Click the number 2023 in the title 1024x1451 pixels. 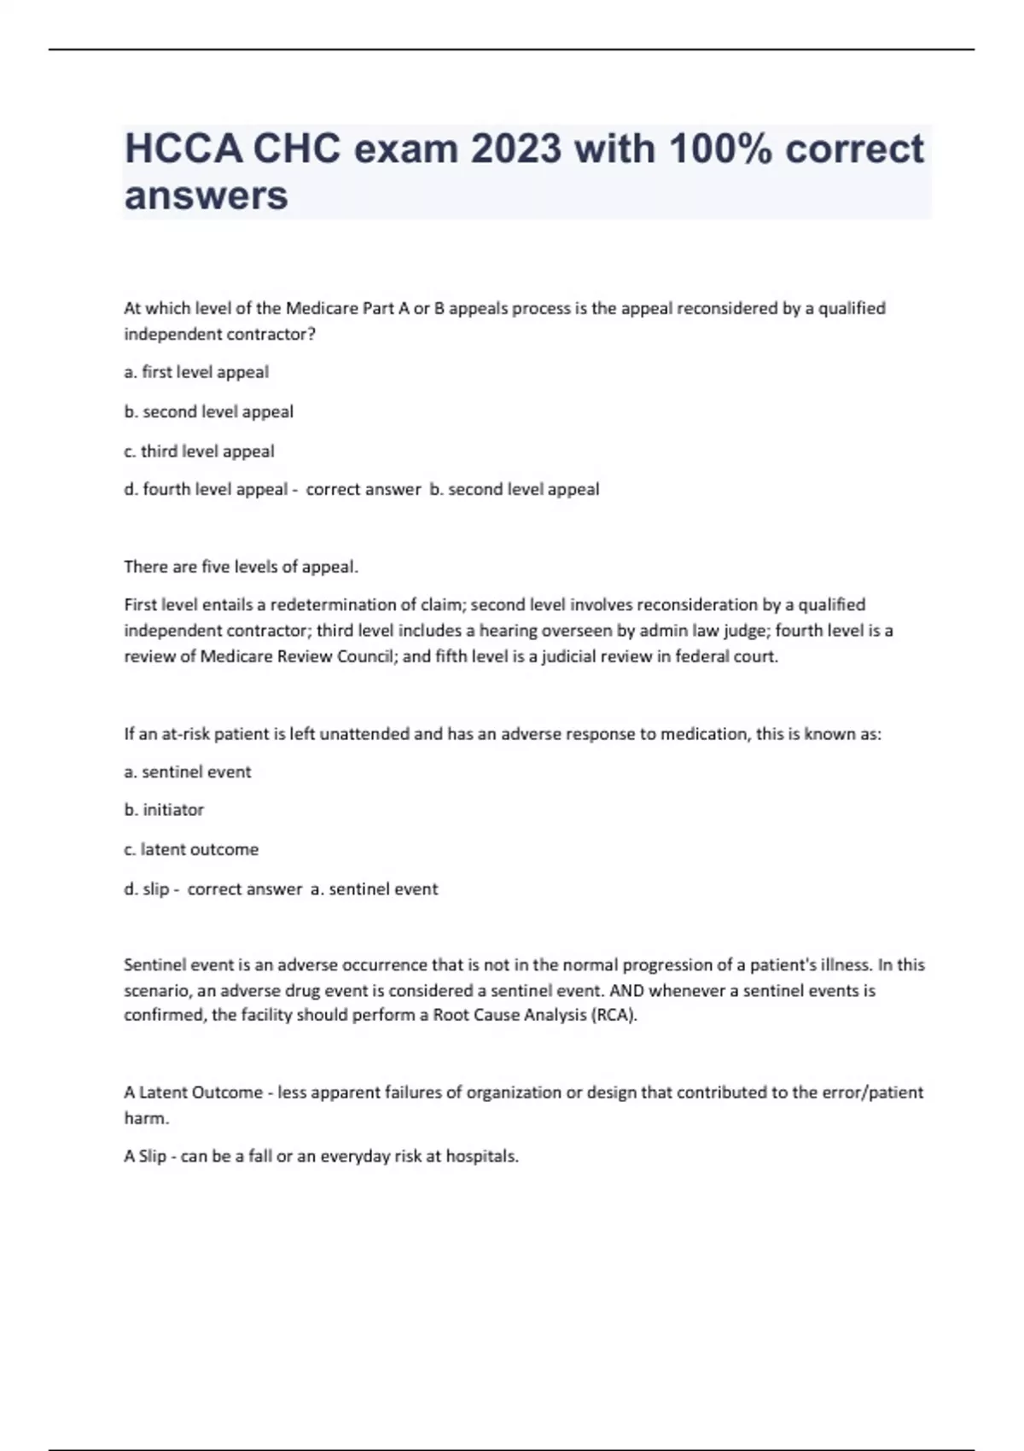click(x=515, y=149)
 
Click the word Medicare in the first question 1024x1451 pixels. click(x=322, y=308)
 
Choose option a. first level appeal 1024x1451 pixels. click(x=196, y=372)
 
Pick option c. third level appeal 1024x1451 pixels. click(x=199, y=451)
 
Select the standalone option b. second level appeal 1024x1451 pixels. click(x=208, y=411)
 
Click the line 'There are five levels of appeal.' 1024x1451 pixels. click(x=241, y=567)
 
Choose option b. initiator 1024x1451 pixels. click(x=164, y=810)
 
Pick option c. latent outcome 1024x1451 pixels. click(x=191, y=849)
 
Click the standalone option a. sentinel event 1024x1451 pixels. click(x=188, y=772)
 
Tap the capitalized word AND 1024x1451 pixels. click(x=625, y=991)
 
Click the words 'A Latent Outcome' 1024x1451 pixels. click(x=193, y=1093)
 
